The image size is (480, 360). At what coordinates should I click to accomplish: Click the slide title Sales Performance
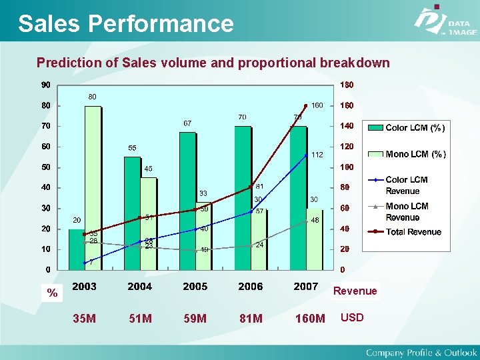coord(126,23)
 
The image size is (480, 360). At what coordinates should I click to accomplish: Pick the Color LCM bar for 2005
coord(187,200)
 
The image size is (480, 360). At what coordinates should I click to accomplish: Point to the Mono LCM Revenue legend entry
coord(407,212)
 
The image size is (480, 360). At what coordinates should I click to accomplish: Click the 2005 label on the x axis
coord(195,287)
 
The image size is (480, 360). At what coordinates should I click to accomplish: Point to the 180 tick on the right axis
coord(347,85)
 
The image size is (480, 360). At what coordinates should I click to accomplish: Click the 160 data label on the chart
coord(317,105)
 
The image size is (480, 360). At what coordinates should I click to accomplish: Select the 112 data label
coord(317,155)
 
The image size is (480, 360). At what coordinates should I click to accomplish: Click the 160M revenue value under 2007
coord(309,319)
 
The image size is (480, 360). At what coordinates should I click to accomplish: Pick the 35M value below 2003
coord(84,319)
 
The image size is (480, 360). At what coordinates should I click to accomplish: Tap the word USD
coord(352,317)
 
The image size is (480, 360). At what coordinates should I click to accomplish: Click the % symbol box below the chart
coord(52,293)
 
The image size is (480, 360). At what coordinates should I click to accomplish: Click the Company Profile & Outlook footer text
coord(421,352)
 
